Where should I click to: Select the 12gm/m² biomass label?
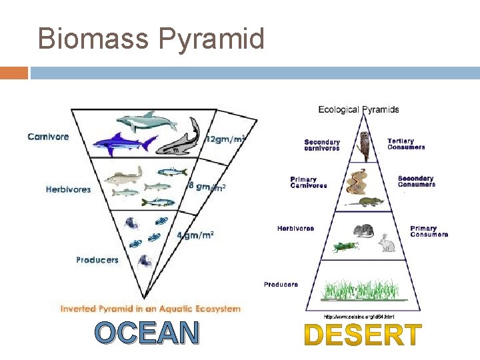(x=225, y=139)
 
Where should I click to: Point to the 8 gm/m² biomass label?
(x=207, y=187)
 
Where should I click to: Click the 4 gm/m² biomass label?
(x=195, y=235)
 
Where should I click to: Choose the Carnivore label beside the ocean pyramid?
(x=48, y=137)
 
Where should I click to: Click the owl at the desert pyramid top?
(x=365, y=146)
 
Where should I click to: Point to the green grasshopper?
(x=345, y=247)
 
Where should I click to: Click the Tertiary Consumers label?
(x=406, y=144)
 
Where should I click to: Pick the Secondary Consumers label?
(x=416, y=181)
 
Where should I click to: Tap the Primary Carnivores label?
(x=309, y=182)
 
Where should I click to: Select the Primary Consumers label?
(x=429, y=231)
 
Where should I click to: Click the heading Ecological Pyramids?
(x=359, y=109)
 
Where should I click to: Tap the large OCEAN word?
(x=147, y=333)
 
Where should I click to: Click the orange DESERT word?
(x=363, y=335)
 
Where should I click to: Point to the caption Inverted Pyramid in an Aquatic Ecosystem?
(x=151, y=309)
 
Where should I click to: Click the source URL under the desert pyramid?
(x=359, y=316)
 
